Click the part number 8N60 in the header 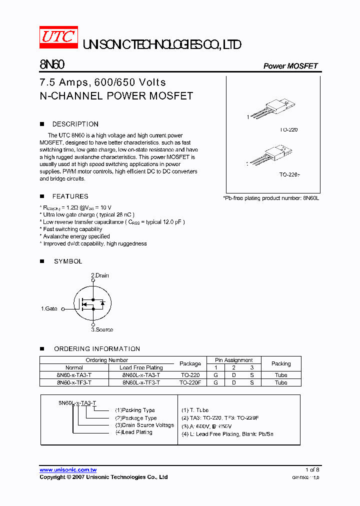point(51,65)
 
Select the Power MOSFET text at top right point(290,66)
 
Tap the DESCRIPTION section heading point(75,124)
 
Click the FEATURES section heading point(70,196)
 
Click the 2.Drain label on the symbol point(99,275)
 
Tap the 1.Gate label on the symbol point(49,309)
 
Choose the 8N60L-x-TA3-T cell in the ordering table point(141,375)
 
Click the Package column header point(190,363)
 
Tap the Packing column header point(281,363)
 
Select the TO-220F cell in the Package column point(190,382)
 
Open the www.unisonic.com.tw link point(68,470)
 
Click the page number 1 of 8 point(312,470)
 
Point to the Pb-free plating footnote point(270,198)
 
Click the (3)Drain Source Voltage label point(144,425)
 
